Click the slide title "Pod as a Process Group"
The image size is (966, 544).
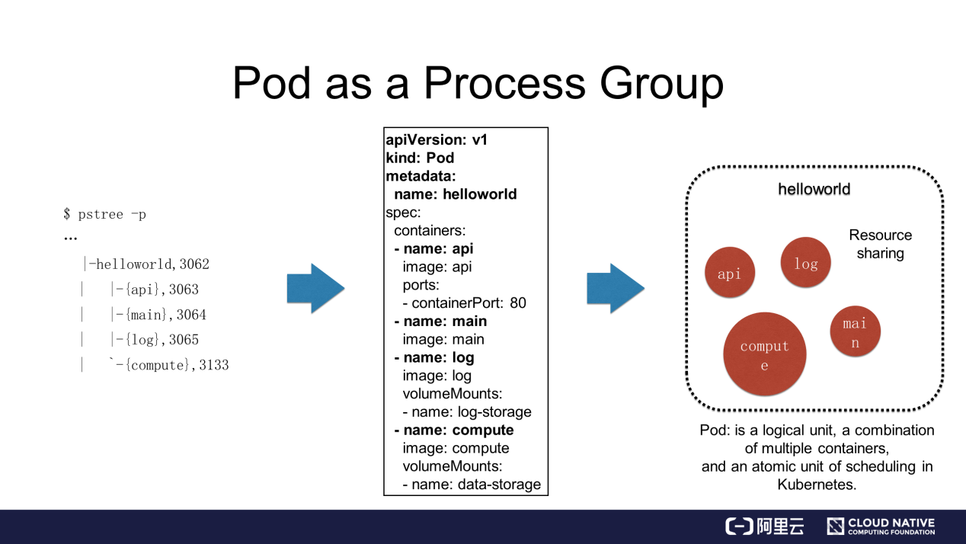pyautogui.click(x=478, y=83)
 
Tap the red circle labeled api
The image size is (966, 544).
pyautogui.click(x=729, y=273)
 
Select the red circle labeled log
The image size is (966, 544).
pyautogui.click(x=805, y=263)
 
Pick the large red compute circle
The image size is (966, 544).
pyautogui.click(x=764, y=354)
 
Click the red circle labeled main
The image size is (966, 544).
pyautogui.click(x=855, y=332)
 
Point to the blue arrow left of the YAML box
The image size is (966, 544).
pyautogui.click(x=315, y=289)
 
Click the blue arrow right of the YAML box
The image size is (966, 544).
pyautogui.click(x=616, y=289)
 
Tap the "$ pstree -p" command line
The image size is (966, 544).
pyautogui.click(x=105, y=214)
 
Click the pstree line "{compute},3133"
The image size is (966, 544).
pyautogui.click(x=169, y=365)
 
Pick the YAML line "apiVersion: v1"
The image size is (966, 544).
pyautogui.click(x=437, y=139)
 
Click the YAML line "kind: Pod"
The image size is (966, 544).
pyautogui.click(x=420, y=158)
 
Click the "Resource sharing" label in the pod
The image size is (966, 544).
pyautogui.click(x=880, y=244)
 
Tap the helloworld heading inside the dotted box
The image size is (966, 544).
pyautogui.click(x=814, y=189)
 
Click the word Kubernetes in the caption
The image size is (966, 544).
pyautogui.click(x=817, y=484)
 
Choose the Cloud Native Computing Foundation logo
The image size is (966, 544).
pyautogui.click(x=881, y=526)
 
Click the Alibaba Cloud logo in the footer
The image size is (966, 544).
pyautogui.click(x=764, y=526)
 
